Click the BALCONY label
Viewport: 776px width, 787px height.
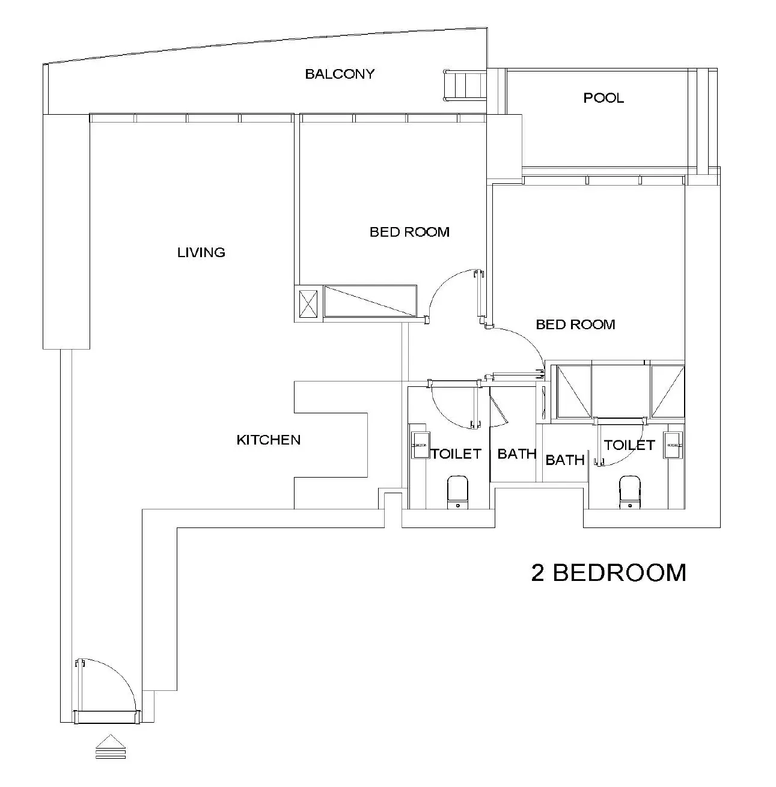tap(340, 74)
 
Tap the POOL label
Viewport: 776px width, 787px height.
tap(603, 97)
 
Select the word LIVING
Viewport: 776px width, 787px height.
tap(201, 252)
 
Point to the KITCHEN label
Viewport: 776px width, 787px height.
tap(268, 440)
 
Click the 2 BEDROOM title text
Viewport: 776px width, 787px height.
tap(608, 573)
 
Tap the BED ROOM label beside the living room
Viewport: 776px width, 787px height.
tap(409, 232)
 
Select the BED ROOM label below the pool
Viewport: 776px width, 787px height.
tap(575, 324)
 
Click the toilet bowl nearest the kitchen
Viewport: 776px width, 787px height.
tap(458, 491)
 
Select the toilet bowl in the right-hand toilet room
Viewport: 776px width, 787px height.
tap(629, 491)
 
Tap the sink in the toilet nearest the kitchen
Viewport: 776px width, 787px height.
tap(420, 445)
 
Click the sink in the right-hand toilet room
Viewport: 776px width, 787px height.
tap(673, 445)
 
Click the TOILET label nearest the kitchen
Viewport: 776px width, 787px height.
tap(456, 454)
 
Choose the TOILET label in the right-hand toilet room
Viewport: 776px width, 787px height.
tap(629, 445)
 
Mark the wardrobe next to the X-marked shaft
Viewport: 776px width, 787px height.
tap(370, 301)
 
